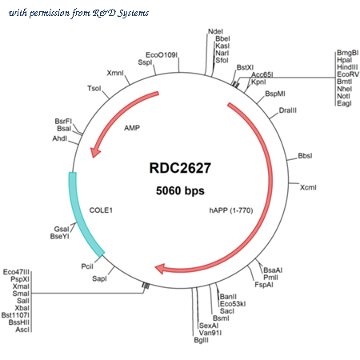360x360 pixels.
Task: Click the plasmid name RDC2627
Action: coord(180,168)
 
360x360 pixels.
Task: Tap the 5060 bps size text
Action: coord(180,190)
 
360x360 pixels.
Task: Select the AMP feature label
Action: coord(132,128)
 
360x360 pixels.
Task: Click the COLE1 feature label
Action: coord(101,210)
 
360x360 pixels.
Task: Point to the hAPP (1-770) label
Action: coord(231,210)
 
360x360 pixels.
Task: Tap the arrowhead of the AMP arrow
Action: coord(94,153)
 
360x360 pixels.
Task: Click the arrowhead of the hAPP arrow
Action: coord(160,269)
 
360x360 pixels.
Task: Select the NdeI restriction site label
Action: coord(215,31)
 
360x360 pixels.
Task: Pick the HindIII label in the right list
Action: coord(347,67)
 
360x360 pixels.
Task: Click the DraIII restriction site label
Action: coord(287,110)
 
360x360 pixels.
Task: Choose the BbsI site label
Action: coord(305,156)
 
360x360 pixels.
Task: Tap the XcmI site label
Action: coord(308,187)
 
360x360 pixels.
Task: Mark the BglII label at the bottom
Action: coord(202,340)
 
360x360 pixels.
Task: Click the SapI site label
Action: coord(99,278)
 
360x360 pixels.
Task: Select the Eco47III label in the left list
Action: coord(16,272)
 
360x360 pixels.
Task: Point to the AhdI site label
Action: coord(60,138)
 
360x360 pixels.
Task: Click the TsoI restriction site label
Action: coord(94,88)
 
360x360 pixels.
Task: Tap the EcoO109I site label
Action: coord(162,55)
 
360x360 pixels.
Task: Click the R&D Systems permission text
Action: coord(78,13)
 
